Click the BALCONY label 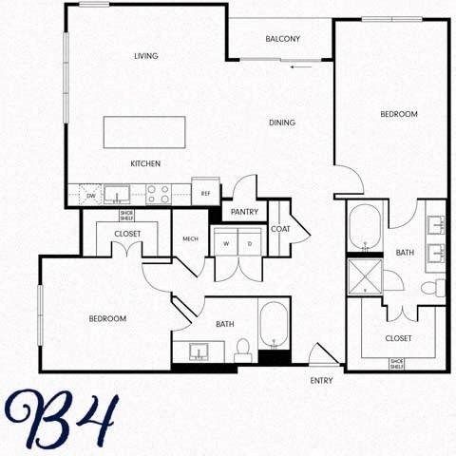click(x=283, y=39)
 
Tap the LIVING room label click(x=145, y=56)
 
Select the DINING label click(x=282, y=123)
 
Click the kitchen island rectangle click(x=144, y=132)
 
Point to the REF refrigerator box click(x=205, y=192)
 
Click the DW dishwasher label click(x=91, y=196)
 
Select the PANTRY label click(x=245, y=212)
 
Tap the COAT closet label click(x=280, y=229)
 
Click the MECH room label click(x=190, y=238)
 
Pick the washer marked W click(x=227, y=243)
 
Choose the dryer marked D click(x=250, y=243)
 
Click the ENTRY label click(x=322, y=381)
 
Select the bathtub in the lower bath click(x=274, y=327)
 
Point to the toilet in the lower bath click(x=243, y=350)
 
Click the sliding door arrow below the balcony click(x=302, y=67)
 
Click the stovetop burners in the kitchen click(x=158, y=195)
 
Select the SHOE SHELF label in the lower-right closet click(x=398, y=363)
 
